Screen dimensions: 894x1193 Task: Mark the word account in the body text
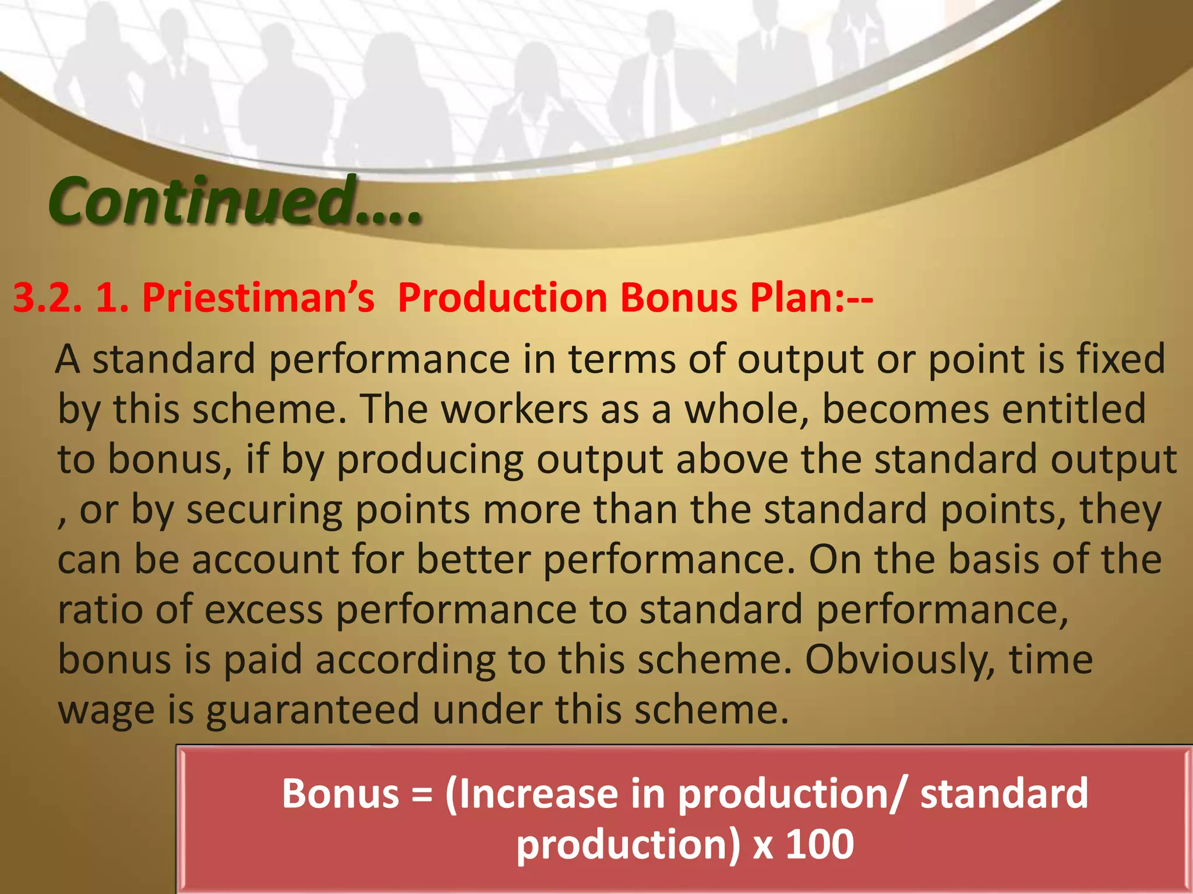tap(266, 560)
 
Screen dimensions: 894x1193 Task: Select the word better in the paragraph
tap(474, 560)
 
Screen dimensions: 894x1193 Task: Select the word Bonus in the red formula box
tap(340, 793)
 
